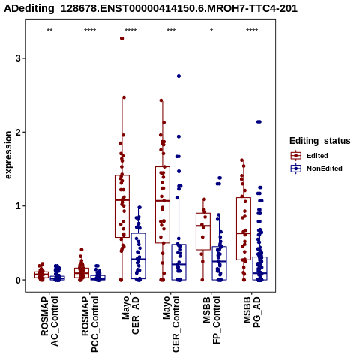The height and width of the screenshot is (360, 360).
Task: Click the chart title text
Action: click(x=151, y=8)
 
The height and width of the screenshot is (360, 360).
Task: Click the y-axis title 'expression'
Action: click(x=8, y=155)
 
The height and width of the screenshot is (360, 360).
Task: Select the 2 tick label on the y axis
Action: click(x=19, y=132)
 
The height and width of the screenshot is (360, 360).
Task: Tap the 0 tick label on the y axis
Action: click(x=19, y=280)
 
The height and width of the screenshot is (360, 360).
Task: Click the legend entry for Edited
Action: click(x=309, y=156)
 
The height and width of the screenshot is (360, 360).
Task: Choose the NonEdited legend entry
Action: click(x=316, y=169)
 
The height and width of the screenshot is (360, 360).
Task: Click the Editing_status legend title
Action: click(x=320, y=141)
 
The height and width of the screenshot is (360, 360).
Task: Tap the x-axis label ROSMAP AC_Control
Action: click(x=49, y=321)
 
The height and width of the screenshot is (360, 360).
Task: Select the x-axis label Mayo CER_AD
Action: click(x=130, y=315)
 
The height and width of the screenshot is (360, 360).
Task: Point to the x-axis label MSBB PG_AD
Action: click(x=252, y=312)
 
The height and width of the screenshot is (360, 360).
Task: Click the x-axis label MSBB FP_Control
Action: click(x=211, y=320)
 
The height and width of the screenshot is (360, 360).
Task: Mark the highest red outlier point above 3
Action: click(x=121, y=38)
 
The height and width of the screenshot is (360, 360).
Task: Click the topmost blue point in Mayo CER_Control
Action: click(x=178, y=76)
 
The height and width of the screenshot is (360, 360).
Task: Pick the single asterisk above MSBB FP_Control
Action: click(x=211, y=31)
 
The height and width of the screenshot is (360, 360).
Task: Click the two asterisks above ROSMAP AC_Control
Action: click(x=49, y=31)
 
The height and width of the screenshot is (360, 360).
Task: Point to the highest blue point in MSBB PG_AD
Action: click(x=259, y=122)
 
